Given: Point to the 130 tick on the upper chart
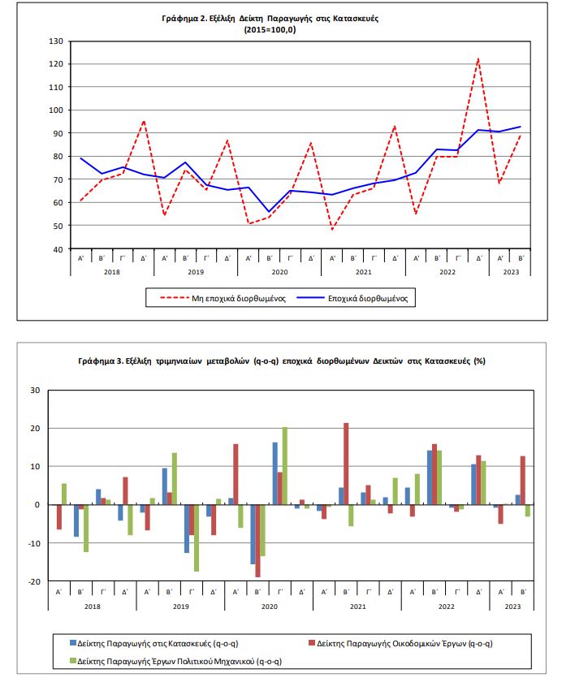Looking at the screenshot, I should click(56, 41).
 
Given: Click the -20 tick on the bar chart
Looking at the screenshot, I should click(34, 581).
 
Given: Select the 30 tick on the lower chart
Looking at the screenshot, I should click(34, 390).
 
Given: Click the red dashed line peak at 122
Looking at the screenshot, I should click(478, 59).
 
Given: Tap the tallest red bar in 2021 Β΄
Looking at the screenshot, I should click(346, 464).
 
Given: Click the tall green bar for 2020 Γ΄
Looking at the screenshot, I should click(285, 465).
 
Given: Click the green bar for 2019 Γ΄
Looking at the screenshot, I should click(196, 537).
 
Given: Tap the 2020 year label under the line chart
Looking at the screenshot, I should click(279, 274).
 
